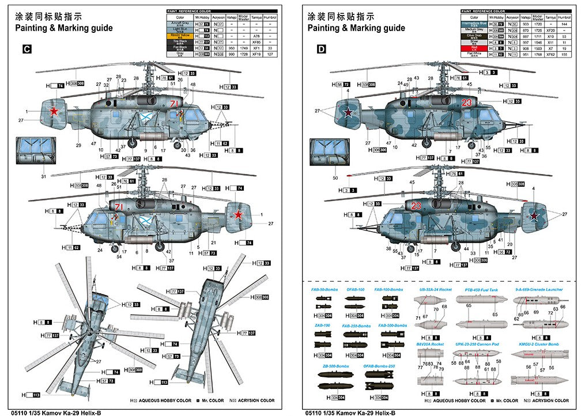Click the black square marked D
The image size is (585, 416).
point(320,50)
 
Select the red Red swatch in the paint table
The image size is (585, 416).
point(474,48)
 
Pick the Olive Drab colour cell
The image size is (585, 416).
point(474,35)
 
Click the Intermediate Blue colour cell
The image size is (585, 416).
point(474,23)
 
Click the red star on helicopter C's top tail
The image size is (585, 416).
point(54,111)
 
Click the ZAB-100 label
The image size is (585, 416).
point(322,326)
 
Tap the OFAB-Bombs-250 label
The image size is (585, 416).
point(379,366)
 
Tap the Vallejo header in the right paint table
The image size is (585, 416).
point(525,17)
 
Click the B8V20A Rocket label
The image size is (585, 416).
point(430,344)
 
